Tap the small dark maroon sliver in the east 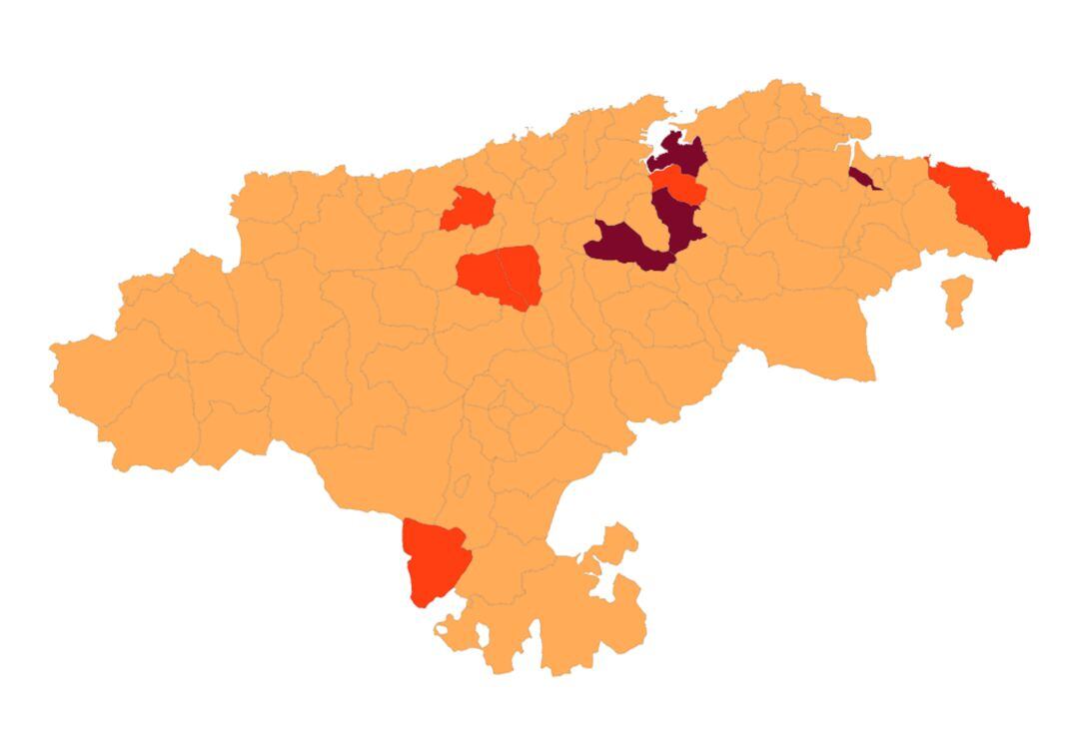pyautogui.click(x=862, y=179)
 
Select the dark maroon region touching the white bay pyautogui.click(x=679, y=154)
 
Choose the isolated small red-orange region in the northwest pyautogui.click(x=468, y=208)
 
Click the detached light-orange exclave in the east pyautogui.click(x=957, y=299)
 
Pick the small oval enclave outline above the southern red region pyautogui.click(x=461, y=486)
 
